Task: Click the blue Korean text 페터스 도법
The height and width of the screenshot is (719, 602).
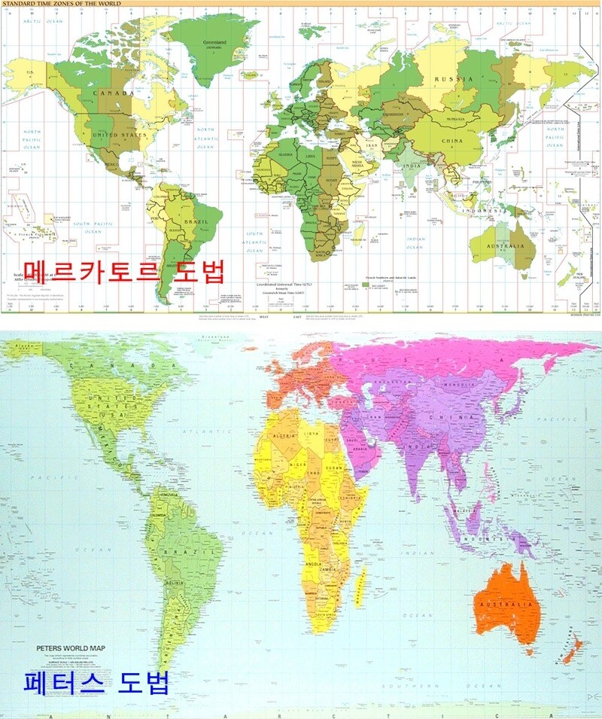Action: click(87, 683)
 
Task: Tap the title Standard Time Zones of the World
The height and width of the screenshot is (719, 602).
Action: click(61, 4)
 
